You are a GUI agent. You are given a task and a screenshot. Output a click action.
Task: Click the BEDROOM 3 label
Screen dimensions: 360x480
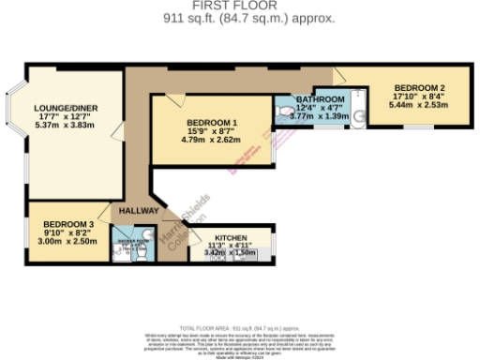(67, 224)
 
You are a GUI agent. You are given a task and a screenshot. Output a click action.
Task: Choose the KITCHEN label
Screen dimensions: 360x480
(230, 238)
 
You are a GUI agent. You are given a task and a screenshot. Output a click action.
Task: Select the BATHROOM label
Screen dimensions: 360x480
(322, 99)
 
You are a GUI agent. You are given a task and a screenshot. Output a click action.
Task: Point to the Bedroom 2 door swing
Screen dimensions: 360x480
(341, 76)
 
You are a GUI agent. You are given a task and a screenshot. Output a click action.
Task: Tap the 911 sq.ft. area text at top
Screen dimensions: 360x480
(248, 18)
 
